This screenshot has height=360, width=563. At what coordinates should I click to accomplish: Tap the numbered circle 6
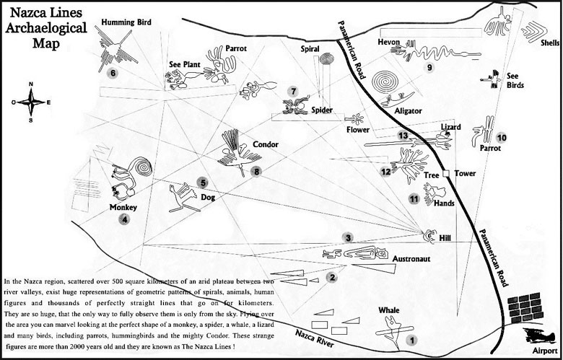pyautogui.click(x=112, y=72)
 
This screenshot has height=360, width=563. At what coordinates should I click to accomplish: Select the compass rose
pyautogui.click(x=31, y=102)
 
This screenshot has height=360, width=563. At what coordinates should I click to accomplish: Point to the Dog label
pyautogui.click(x=208, y=196)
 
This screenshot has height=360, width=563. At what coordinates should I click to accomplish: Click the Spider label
pyautogui.click(x=322, y=110)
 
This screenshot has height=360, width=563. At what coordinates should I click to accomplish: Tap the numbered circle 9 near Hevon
pyautogui.click(x=429, y=68)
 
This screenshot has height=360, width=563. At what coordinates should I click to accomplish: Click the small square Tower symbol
pyautogui.click(x=447, y=174)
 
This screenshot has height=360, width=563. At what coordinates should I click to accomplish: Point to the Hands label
pyautogui.click(x=444, y=204)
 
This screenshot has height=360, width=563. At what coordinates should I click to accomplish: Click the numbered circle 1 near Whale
pyautogui.click(x=411, y=339)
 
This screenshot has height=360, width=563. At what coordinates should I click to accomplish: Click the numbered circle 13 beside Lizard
pyautogui.click(x=403, y=136)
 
